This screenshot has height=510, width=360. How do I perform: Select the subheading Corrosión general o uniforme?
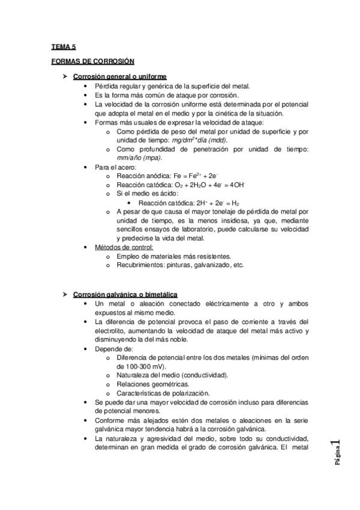coord(120,77)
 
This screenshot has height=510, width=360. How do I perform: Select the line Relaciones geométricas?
coord(153,384)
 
